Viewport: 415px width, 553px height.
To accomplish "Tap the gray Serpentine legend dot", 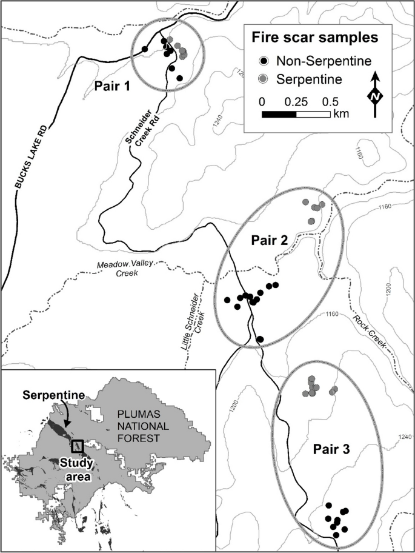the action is click(x=264, y=79).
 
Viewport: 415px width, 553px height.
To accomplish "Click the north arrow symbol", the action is click(x=376, y=95).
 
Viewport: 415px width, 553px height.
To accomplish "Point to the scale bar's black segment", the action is click(x=279, y=114).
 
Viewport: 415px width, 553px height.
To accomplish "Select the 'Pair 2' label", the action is click(x=270, y=240).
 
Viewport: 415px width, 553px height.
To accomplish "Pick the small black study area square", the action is click(x=78, y=446).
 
